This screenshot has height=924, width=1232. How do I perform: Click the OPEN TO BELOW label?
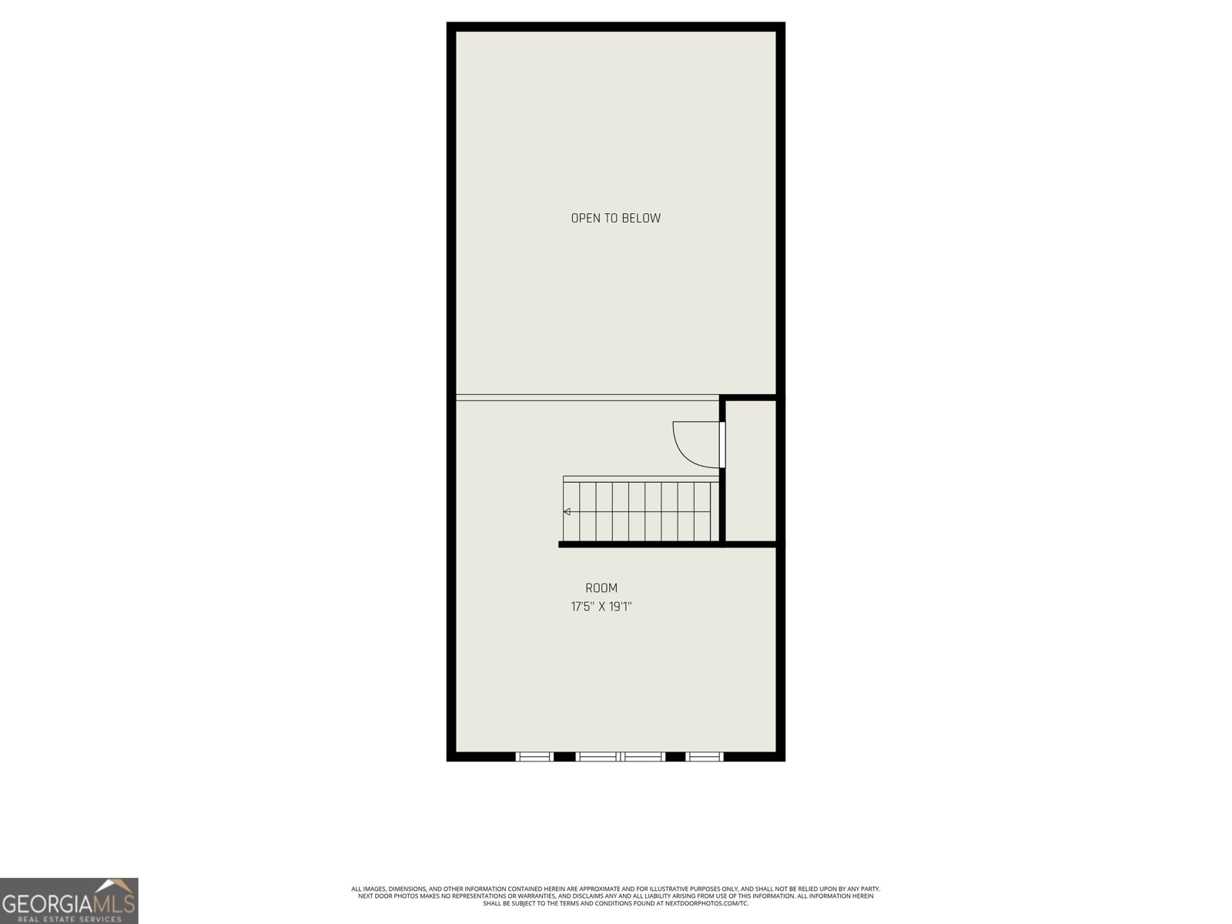[615, 218]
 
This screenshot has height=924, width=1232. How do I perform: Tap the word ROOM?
[601, 588]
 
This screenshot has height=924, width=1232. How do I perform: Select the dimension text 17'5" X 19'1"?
[601, 607]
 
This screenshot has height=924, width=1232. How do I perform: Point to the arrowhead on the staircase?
[567, 511]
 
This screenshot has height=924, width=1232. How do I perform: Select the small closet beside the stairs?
[751, 470]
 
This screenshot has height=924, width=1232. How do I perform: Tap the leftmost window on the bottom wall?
[534, 756]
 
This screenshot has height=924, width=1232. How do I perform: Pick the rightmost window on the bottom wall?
[705, 756]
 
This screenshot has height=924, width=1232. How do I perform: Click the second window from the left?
[598, 756]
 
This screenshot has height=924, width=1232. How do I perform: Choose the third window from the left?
[643, 756]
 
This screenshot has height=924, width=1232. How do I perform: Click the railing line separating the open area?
[587, 398]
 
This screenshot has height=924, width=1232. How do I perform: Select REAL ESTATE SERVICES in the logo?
[69, 919]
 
